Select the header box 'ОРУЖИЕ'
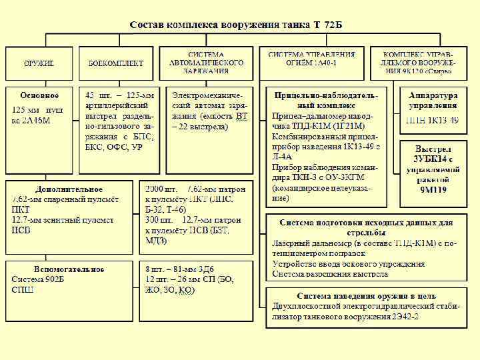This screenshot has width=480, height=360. [x=39, y=63]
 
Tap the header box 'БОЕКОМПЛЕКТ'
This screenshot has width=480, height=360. [x=115, y=63]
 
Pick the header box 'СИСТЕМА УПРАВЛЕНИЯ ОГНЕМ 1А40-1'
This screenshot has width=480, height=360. [x=311, y=62]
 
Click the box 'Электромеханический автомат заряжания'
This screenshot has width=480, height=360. [x=209, y=110]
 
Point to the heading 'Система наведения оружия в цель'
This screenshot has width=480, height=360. [x=366, y=295]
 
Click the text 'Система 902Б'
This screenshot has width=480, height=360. [x=37, y=279]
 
